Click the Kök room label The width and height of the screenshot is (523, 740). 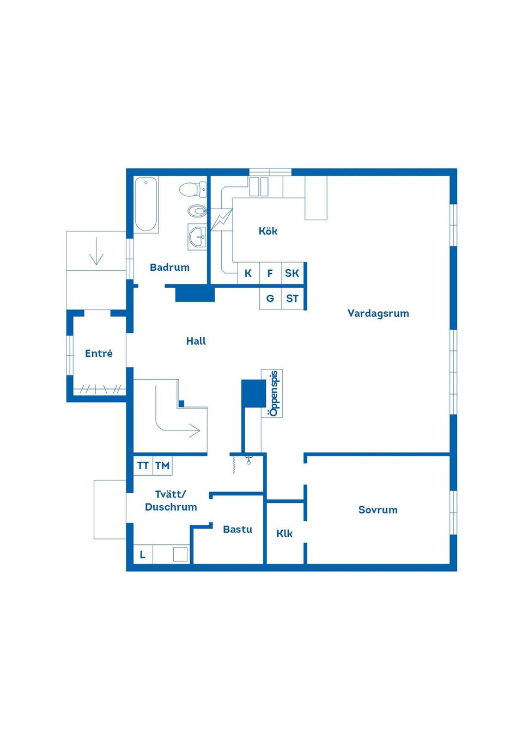pos(267,231)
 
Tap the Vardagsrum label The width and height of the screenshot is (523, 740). pos(378,313)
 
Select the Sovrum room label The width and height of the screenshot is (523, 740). pos(378,510)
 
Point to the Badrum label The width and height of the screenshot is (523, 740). pos(169,268)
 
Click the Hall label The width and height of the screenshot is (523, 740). pos(196,341)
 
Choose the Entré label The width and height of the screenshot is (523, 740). pos(99,354)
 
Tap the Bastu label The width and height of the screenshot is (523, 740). pos(238,529)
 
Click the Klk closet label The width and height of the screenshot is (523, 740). pos(284,533)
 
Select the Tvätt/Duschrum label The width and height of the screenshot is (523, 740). pos(171,500)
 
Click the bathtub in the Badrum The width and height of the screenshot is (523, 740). pos(146,204)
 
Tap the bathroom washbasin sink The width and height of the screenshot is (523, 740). pos(197,236)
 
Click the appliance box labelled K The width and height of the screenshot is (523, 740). pos(248,274)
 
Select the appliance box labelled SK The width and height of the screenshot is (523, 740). pos(292,274)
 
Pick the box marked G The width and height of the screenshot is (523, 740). pos(270,299)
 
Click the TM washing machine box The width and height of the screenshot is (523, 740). pos(162,466)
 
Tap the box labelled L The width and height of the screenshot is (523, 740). pos(143,555)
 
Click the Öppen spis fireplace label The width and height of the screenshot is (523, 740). pos(273,393)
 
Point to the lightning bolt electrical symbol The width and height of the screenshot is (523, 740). pos(221,219)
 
